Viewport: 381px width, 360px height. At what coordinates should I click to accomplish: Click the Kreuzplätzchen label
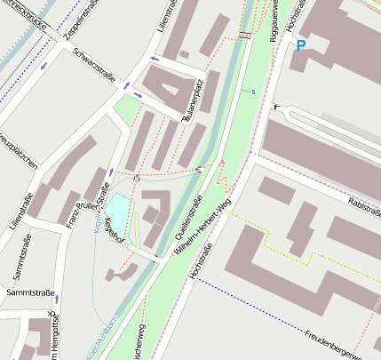tap(17, 152)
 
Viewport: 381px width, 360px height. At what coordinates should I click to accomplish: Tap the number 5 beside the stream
tap(253, 92)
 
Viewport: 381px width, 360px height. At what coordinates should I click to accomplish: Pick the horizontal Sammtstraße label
tap(30, 292)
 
